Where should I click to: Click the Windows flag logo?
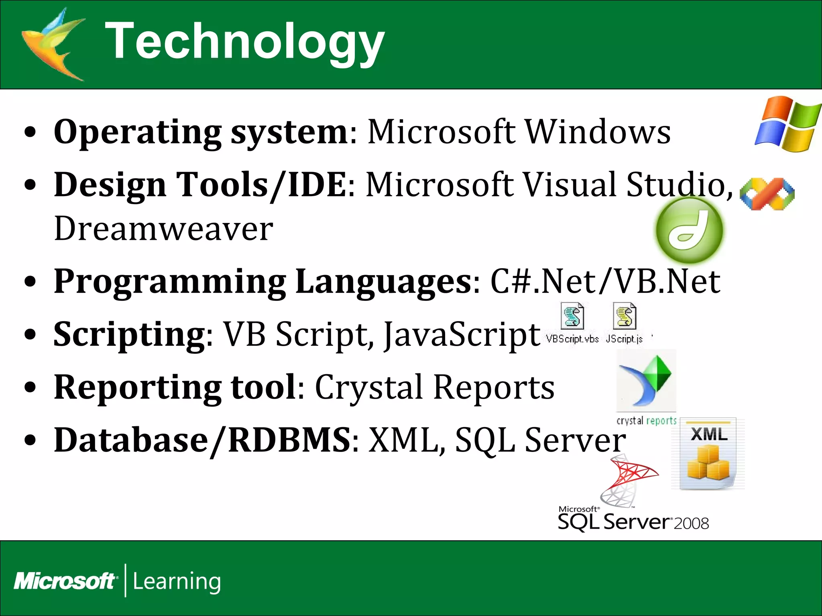tap(787, 124)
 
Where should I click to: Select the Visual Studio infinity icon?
tap(767, 194)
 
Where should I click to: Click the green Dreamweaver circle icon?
tap(690, 230)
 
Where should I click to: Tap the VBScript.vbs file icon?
tap(573, 317)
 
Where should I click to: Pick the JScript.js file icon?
tap(625, 317)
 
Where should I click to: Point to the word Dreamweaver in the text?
tap(163, 229)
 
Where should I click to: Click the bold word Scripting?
tap(129, 334)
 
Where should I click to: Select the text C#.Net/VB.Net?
tap(605, 282)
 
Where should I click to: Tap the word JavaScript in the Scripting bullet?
tap(462, 335)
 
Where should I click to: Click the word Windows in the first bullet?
tap(598, 132)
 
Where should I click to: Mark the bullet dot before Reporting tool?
tap(30, 387)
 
